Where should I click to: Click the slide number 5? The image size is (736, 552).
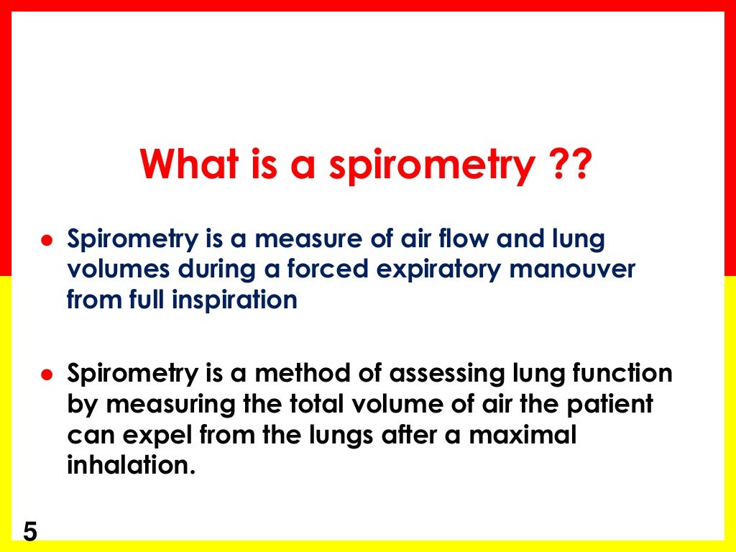[x=30, y=533]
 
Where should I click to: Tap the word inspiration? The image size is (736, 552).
[x=234, y=300]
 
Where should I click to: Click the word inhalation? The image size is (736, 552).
[x=131, y=464]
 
